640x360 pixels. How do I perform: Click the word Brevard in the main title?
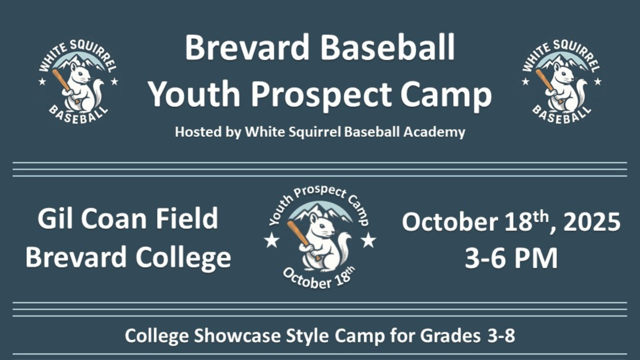coord(247,47)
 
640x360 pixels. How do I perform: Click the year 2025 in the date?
coord(592,222)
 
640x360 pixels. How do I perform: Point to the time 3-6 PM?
coord(511,258)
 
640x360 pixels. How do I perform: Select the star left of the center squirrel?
coord(272,240)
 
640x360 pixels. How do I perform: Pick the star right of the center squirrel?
coord(368,240)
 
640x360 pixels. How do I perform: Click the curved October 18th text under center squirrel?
coord(318,280)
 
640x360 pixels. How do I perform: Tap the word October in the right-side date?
coord(449,222)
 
